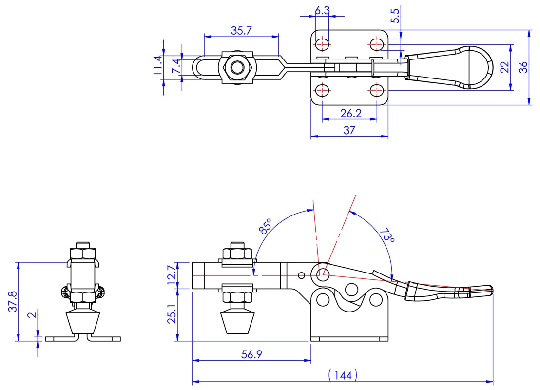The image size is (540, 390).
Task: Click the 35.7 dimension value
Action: [x=241, y=31]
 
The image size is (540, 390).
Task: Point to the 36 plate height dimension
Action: [x=523, y=67]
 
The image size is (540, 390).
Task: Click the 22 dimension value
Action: [x=504, y=67]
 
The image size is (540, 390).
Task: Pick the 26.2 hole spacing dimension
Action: [x=350, y=113]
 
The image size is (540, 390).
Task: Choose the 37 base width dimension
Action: [x=349, y=130]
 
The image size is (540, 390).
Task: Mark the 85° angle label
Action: [x=266, y=227]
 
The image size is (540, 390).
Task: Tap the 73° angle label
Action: [x=387, y=235]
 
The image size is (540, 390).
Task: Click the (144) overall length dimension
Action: [x=343, y=375]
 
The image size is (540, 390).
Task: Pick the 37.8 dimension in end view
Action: [x=13, y=302]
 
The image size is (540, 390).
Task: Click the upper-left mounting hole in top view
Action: [x=322, y=44]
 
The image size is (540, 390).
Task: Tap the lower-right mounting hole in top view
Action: [x=376, y=90]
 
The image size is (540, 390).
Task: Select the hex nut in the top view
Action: [x=237, y=67]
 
